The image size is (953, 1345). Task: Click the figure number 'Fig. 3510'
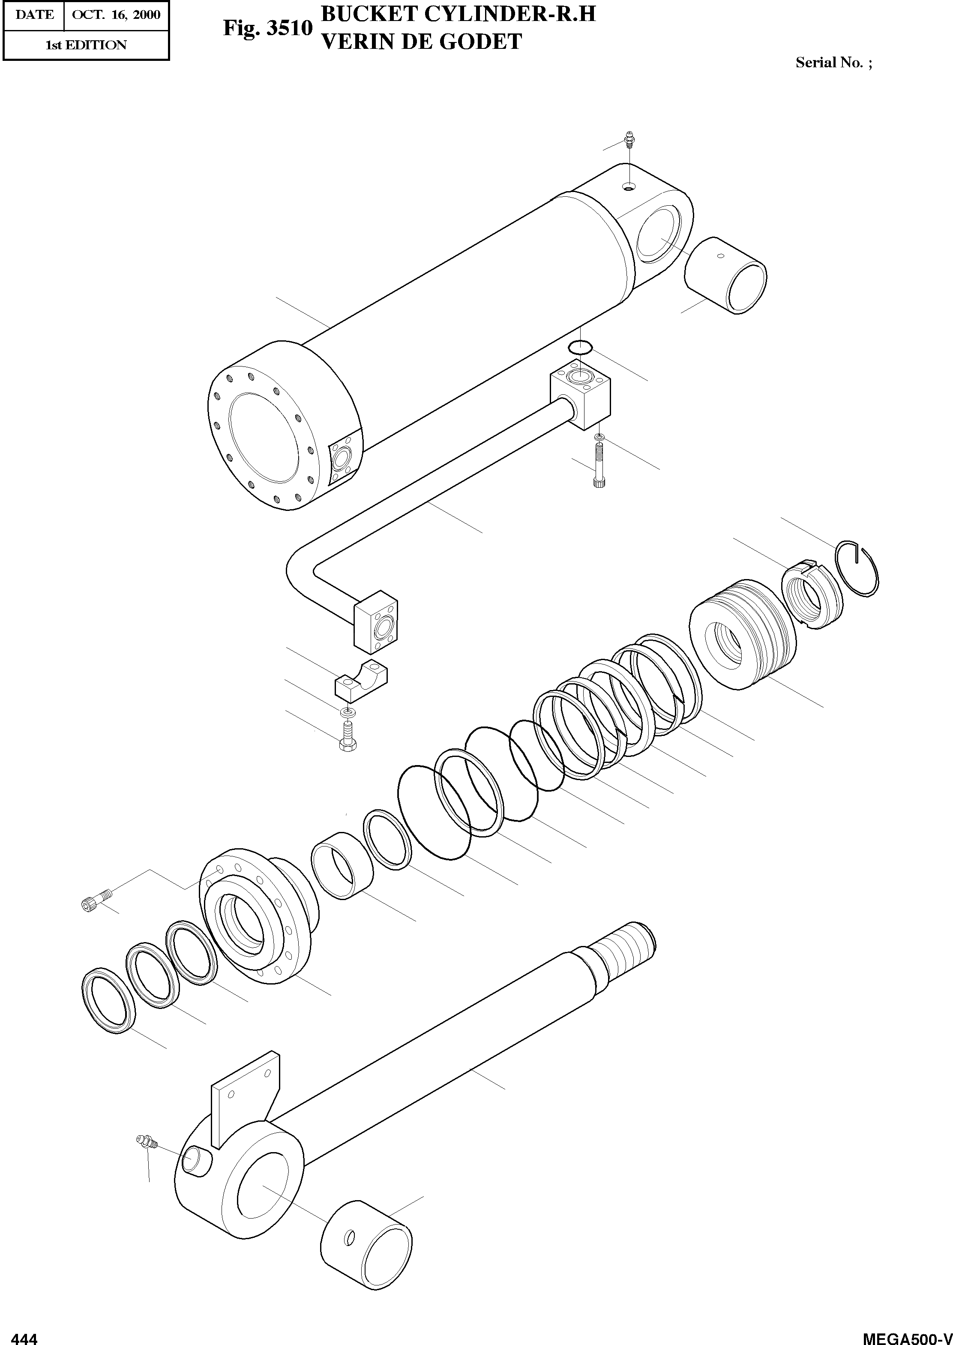(x=267, y=29)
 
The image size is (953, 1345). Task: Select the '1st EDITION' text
(x=86, y=45)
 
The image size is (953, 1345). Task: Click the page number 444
(x=25, y=1337)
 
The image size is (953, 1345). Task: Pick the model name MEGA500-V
(x=907, y=1337)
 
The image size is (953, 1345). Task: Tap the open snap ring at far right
(x=858, y=567)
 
